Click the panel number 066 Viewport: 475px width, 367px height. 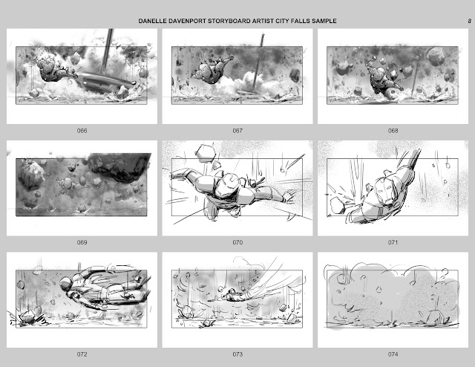tap(82, 131)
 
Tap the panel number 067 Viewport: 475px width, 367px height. tap(237, 131)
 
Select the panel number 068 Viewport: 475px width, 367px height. tap(393, 131)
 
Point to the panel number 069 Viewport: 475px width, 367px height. tap(82, 242)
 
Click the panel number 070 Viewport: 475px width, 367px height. tap(237, 242)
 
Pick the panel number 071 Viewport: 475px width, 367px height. tap(393, 242)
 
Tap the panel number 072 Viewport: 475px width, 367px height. tap(82, 354)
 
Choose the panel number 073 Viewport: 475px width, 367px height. tap(237, 354)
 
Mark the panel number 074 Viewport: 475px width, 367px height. tap(393, 354)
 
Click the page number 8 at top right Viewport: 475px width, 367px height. tap(469, 21)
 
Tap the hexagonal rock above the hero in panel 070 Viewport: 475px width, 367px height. tap(206, 152)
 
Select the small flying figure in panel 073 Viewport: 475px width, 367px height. tap(233, 295)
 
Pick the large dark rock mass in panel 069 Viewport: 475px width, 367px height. tap(119, 166)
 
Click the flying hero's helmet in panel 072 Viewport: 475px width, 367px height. tap(67, 285)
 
